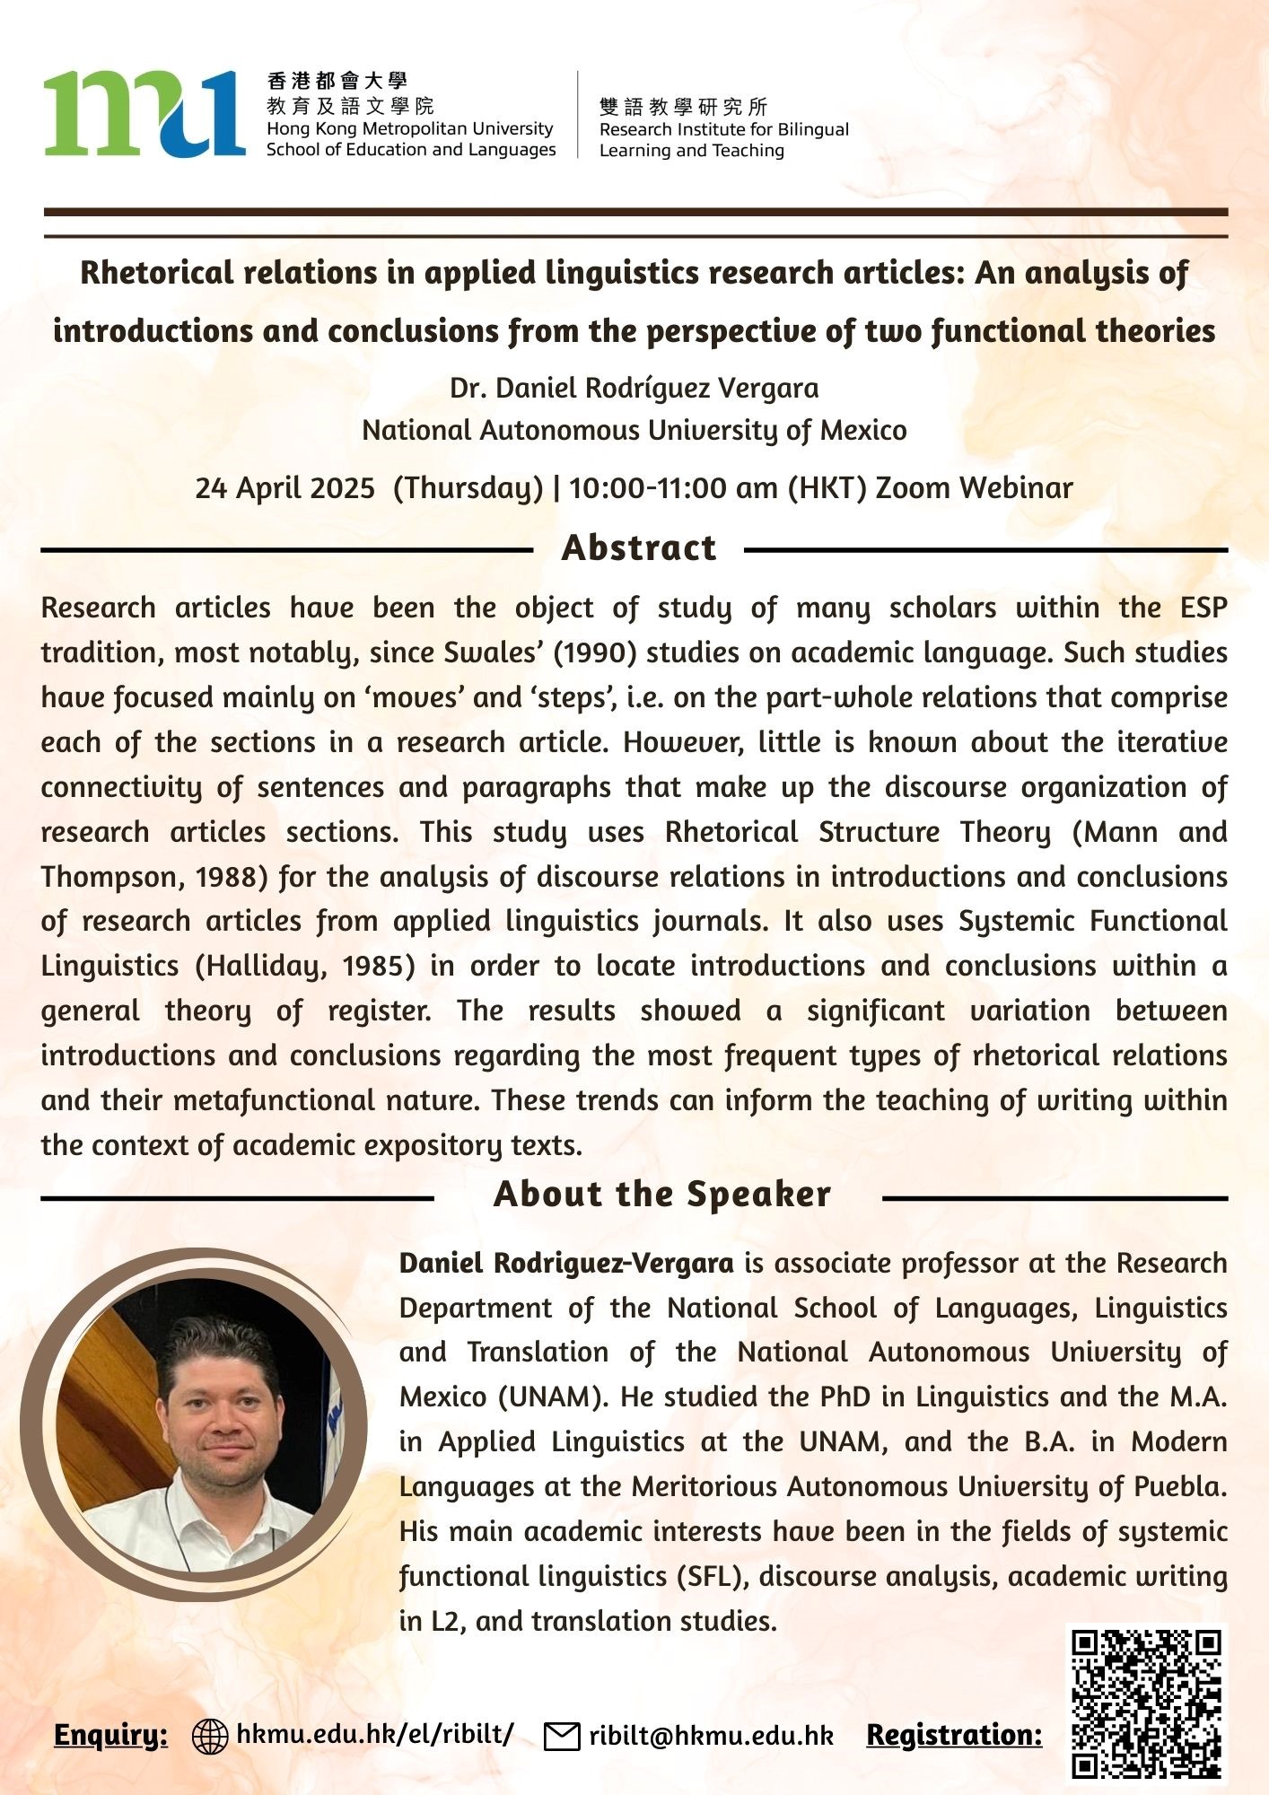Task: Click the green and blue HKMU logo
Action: point(144,114)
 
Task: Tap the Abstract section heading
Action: point(638,547)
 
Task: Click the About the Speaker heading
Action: point(661,1195)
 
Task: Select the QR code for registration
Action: point(1147,1703)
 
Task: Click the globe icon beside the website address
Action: point(210,1737)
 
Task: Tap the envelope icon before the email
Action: point(562,1737)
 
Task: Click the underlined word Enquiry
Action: point(110,1735)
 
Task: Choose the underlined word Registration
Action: point(954,1735)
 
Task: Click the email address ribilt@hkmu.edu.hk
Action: point(711,1737)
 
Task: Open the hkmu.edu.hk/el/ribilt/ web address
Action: point(374,1734)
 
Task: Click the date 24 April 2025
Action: point(284,488)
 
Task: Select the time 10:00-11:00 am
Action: point(674,488)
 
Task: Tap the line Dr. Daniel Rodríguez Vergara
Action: point(634,389)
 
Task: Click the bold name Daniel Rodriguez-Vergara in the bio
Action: point(565,1264)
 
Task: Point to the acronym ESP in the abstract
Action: point(1203,608)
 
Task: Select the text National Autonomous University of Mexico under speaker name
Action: point(634,431)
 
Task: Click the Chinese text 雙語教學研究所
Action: point(683,108)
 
